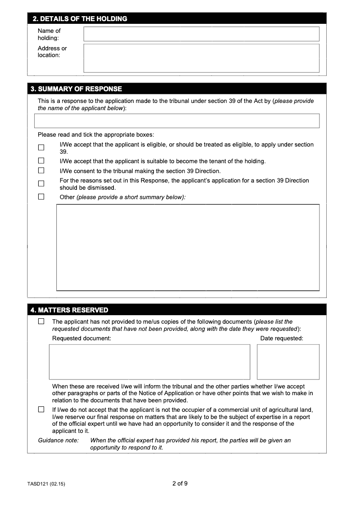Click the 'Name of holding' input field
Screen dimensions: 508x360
tap(201, 34)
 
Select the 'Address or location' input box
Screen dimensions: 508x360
tap(201, 58)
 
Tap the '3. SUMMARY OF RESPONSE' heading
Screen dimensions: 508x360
tap(76, 89)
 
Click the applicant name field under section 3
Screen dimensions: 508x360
tap(177, 121)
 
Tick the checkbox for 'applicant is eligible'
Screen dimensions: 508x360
tap(41, 147)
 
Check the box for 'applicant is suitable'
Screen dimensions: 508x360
tap(41, 160)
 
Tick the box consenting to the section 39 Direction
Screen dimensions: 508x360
tap(41, 170)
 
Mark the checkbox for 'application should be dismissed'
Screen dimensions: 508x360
tap(41, 183)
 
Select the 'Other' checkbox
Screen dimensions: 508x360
tap(41, 196)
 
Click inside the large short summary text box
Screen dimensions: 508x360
tap(188, 247)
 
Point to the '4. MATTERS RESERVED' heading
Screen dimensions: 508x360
tap(69, 310)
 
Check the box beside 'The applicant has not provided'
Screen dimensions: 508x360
tap(41, 321)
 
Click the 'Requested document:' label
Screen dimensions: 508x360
tap(81, 339)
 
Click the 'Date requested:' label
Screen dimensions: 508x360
tap(282, 339)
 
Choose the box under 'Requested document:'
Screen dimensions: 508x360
tap(149, 362)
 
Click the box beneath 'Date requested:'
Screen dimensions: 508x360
tap(288, 362)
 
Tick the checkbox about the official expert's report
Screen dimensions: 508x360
tap(41, 409)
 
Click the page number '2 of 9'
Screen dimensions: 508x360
tap(180, 484)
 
